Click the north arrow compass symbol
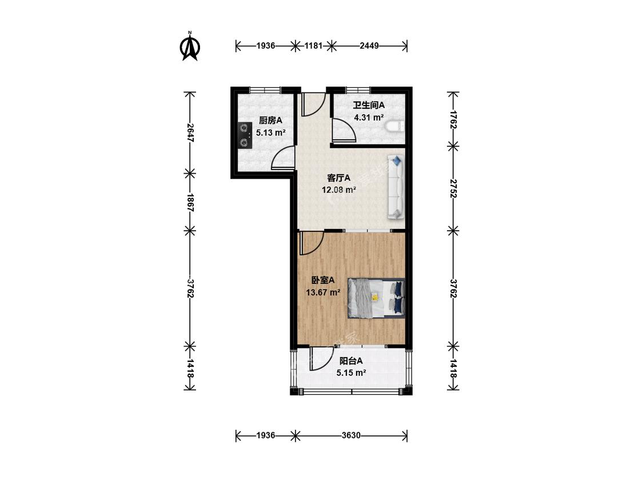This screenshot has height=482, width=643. [x=189, y=46]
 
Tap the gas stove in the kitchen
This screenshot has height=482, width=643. [x=245, y=135]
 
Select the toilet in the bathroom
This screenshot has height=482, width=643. [x=396, y=126]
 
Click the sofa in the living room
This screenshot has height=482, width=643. [x=396, y=187]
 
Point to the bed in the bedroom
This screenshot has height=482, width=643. [x=377, y=298]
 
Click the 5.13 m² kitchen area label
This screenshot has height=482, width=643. [x=271, y=133]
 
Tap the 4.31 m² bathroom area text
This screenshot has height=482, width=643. [x=369, y=118]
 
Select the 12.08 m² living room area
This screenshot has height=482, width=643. [x=339, y=190]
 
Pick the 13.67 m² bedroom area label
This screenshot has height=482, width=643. [x=323, y=292]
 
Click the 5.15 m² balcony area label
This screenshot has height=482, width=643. [x=352, y=373]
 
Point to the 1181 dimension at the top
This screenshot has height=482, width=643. [x=313, y=46]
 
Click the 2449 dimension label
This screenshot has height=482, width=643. [x=369, y=46]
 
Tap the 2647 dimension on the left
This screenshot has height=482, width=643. [x=190, y=132]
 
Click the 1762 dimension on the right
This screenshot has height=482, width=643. [x=453, y=119]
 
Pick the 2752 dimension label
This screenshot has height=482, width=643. [x=453, y=188]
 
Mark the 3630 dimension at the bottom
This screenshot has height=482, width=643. [x=351, y=435]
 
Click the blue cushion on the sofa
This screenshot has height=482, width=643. [x=397, y=160]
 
